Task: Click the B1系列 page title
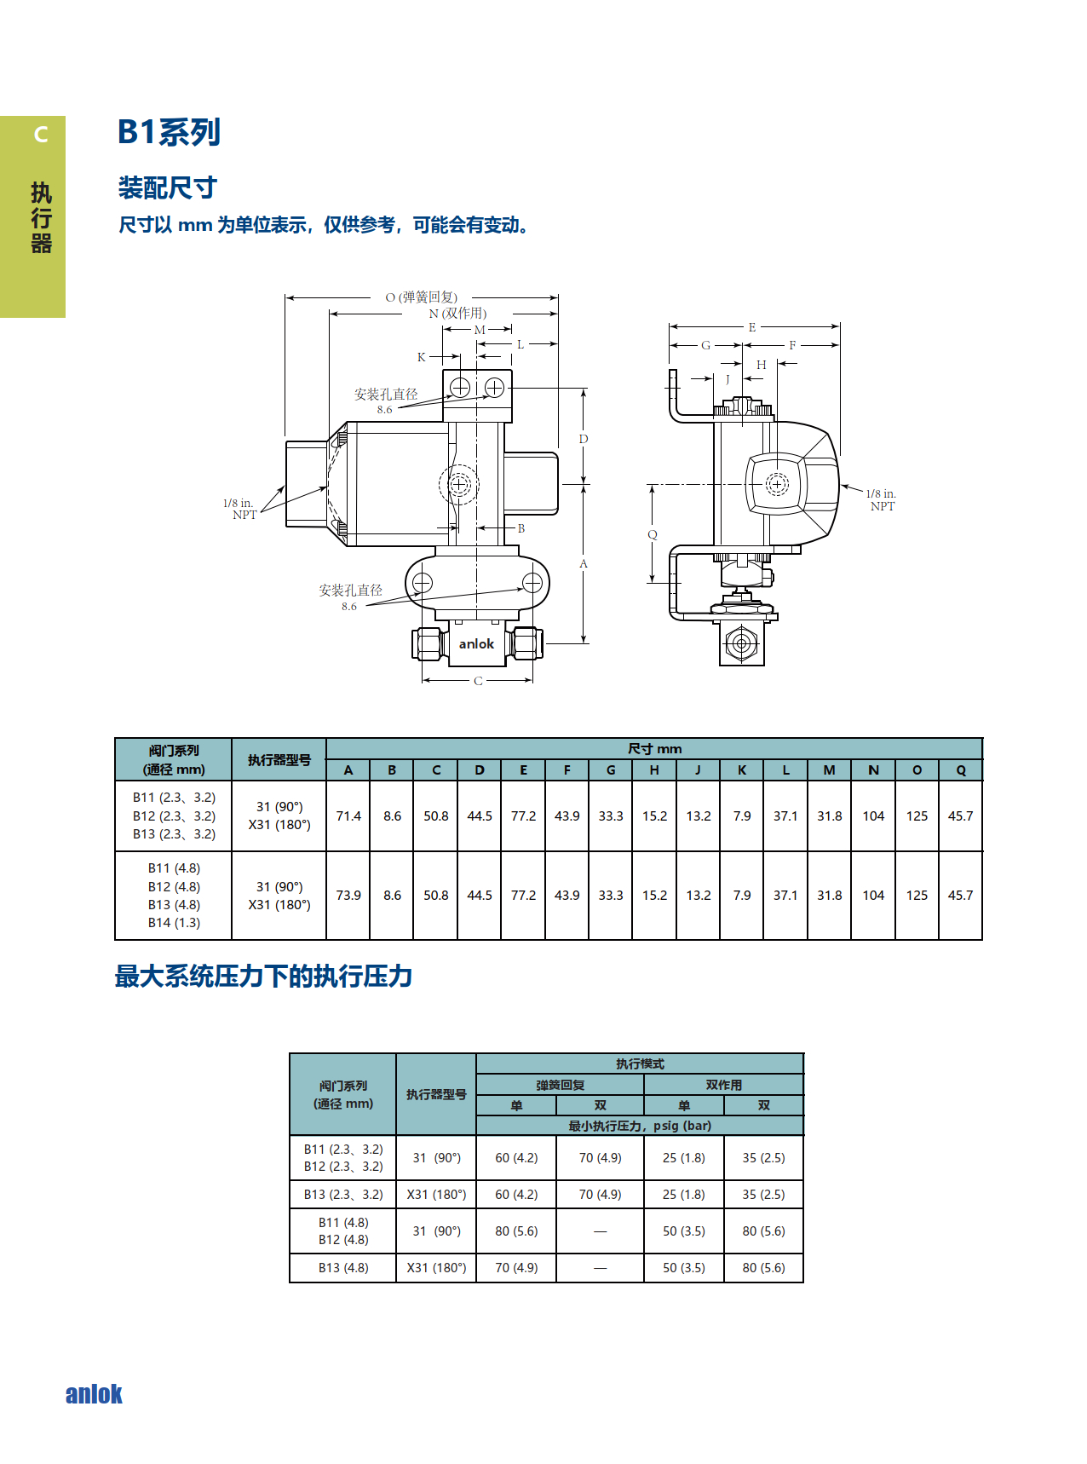(169, 132)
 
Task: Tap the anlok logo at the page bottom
(94, 1394)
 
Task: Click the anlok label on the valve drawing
(476, 644)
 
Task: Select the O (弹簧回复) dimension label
(421, 297)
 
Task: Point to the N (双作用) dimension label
(457, 313)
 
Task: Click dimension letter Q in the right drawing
(653, 534)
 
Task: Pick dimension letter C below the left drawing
(478, 681)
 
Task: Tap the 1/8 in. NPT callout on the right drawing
(882, 499)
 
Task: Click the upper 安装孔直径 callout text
(386, 394)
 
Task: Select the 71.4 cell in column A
(348, 816)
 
